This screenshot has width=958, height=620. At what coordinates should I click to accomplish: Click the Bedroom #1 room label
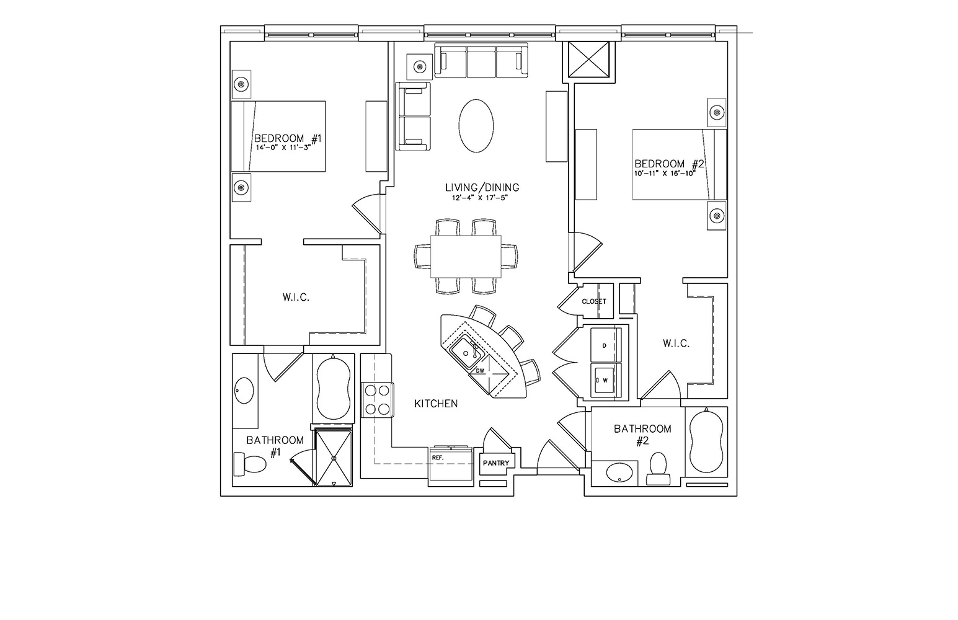(x=288, y=138)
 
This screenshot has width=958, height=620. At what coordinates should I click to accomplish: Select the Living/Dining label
(x=482, y=187)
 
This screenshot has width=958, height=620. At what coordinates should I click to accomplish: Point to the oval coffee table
(x=476, y=126)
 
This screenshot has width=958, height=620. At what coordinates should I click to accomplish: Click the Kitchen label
(x=436, y=404)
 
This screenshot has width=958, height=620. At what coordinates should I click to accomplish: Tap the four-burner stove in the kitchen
(x=378, y=400)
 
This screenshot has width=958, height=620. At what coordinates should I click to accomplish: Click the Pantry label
(x=496, y=463)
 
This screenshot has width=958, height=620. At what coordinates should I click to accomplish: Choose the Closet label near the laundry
(x=594, y=301)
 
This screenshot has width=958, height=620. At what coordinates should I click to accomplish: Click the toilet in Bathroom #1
(x=250, y=464)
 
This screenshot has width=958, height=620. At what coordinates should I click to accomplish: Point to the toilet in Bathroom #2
(x=658, y=469)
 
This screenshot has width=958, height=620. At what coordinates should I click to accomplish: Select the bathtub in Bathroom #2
(x=706, y=441)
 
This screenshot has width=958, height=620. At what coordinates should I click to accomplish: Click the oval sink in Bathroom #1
(x=244, y=391)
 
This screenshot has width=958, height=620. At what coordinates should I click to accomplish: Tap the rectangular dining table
(x=466, y=257)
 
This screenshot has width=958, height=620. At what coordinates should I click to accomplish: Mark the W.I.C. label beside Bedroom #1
(x=296, y=298)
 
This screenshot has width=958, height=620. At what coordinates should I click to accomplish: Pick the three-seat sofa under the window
(x=481, y=60)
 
